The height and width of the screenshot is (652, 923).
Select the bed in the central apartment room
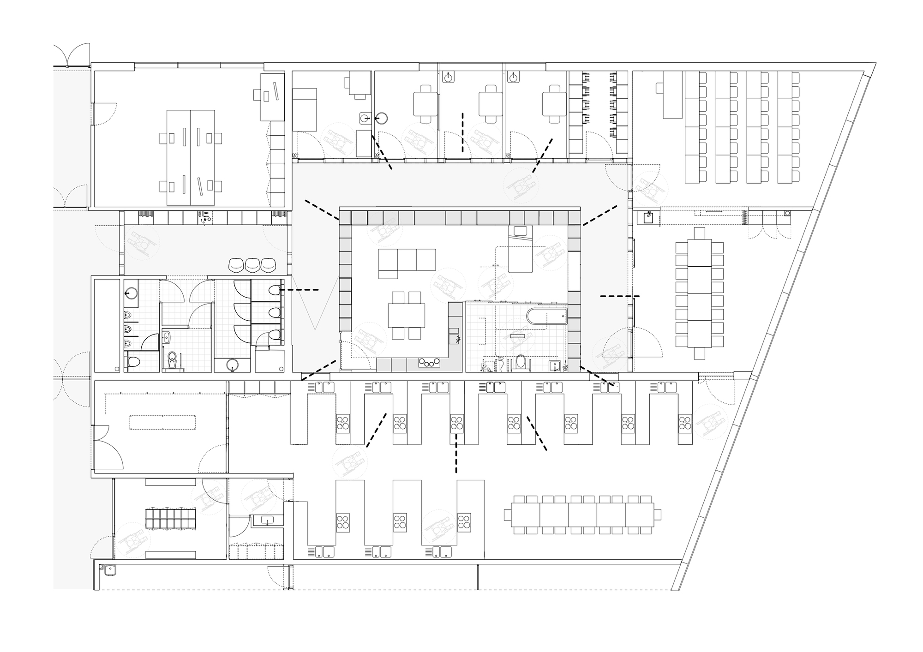pos(521,249)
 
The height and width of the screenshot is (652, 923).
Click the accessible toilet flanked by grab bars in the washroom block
pos(172,360)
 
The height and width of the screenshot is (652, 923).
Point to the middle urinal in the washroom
pos(128,330)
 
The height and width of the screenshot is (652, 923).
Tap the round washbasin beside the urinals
pos(131,293)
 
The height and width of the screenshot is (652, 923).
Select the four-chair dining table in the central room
pos(406,316)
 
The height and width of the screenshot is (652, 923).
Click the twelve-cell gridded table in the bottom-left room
pos(170,518)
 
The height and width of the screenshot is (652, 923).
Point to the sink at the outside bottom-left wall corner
pos(110,571)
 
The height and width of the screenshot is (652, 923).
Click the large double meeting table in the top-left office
pos(191,157)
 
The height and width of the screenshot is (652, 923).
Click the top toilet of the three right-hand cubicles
pos(274,290)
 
